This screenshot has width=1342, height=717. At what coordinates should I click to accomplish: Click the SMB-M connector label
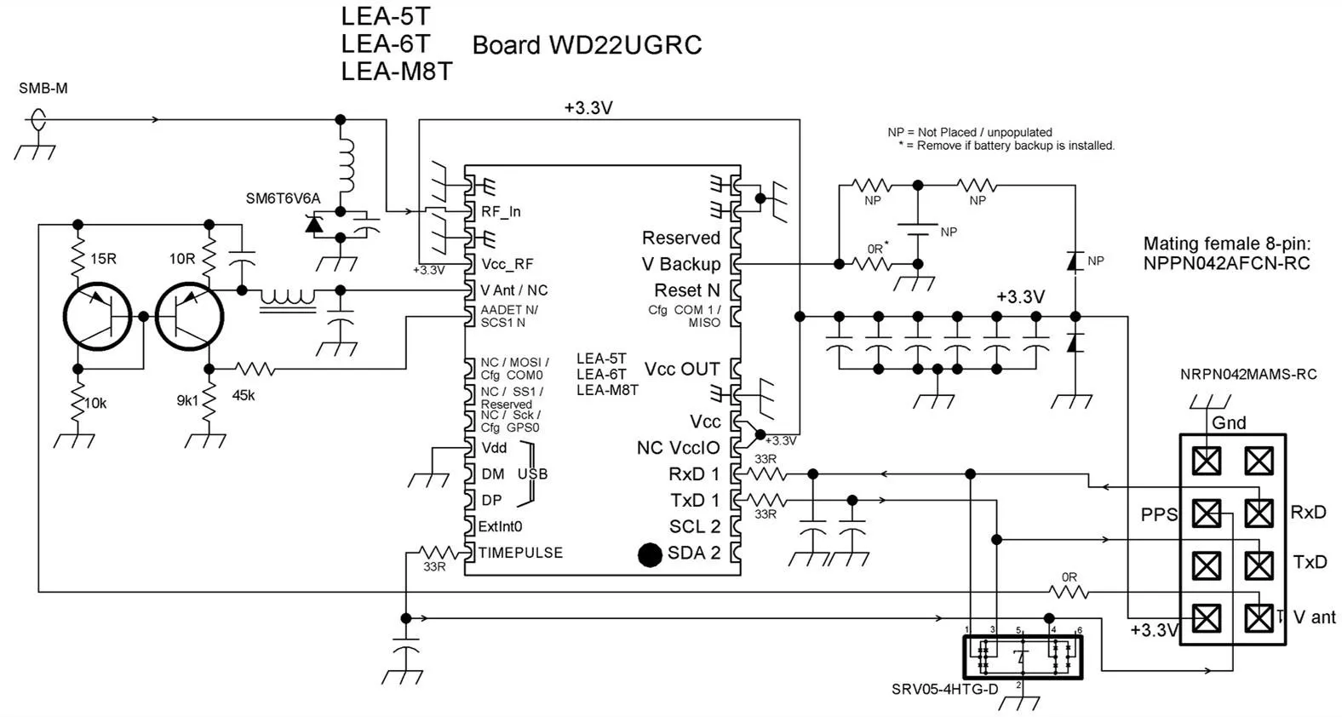tap(43, 89)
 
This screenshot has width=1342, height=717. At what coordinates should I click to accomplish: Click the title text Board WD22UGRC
tap(587, 45)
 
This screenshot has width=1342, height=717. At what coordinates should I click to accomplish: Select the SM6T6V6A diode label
tap(283, 198)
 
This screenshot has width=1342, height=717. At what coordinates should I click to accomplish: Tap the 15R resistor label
tap(103, 258)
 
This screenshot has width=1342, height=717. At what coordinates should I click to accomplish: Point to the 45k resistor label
tap(244, 395)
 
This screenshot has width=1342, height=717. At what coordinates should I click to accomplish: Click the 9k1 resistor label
tap(187, 400)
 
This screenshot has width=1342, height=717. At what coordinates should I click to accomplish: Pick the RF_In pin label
tap(501, 212)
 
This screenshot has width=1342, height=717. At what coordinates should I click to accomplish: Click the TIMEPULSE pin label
tap(520, 553)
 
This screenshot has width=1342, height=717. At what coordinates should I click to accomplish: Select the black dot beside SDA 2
tap(650, 554)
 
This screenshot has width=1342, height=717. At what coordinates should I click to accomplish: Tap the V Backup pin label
tap(680, 264)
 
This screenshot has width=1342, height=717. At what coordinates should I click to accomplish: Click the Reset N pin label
tap(686, 290)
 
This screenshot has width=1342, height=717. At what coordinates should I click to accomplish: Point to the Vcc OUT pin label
tap(681, 369)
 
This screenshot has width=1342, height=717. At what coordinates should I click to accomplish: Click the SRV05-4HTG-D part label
tap(944, 689)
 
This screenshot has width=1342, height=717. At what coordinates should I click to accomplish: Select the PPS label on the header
tap(1159, 514)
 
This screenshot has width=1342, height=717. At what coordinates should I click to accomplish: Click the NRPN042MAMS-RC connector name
tap(1247, 374)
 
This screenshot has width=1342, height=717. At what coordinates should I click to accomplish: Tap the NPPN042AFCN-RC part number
tap(1226, 264)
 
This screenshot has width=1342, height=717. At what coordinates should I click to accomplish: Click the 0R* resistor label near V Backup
tap(878, 248)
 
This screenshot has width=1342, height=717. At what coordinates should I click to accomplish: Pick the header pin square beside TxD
tap(1259, 565)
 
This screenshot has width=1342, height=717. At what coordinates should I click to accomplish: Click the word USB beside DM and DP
tap(532, 474)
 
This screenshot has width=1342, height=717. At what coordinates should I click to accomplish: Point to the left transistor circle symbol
tap(99, 317)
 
